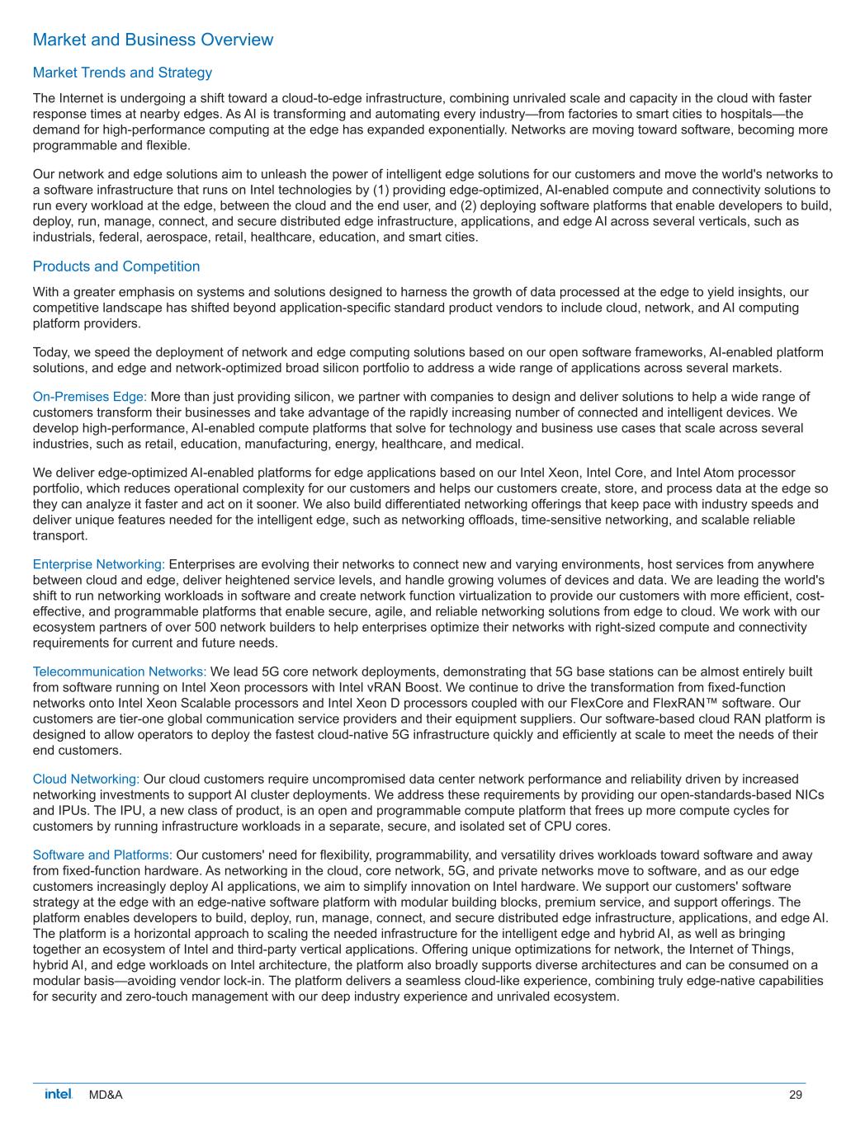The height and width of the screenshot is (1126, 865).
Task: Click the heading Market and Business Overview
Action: coord(153,40)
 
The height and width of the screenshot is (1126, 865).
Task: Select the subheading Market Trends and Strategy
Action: coord(122,73)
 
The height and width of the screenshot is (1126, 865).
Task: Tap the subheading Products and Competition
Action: coord(116,266)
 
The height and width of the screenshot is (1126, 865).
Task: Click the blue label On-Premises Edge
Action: coord(89,397)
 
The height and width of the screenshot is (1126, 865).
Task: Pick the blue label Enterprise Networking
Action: coord(98,564)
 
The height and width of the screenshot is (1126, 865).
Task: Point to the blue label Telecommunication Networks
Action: coord(119,671)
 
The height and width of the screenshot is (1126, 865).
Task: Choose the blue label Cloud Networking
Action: coord(86,779)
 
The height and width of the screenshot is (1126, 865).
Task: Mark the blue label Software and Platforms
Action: coord(102,855)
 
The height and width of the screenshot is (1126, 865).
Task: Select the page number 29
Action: coord(795,1095)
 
